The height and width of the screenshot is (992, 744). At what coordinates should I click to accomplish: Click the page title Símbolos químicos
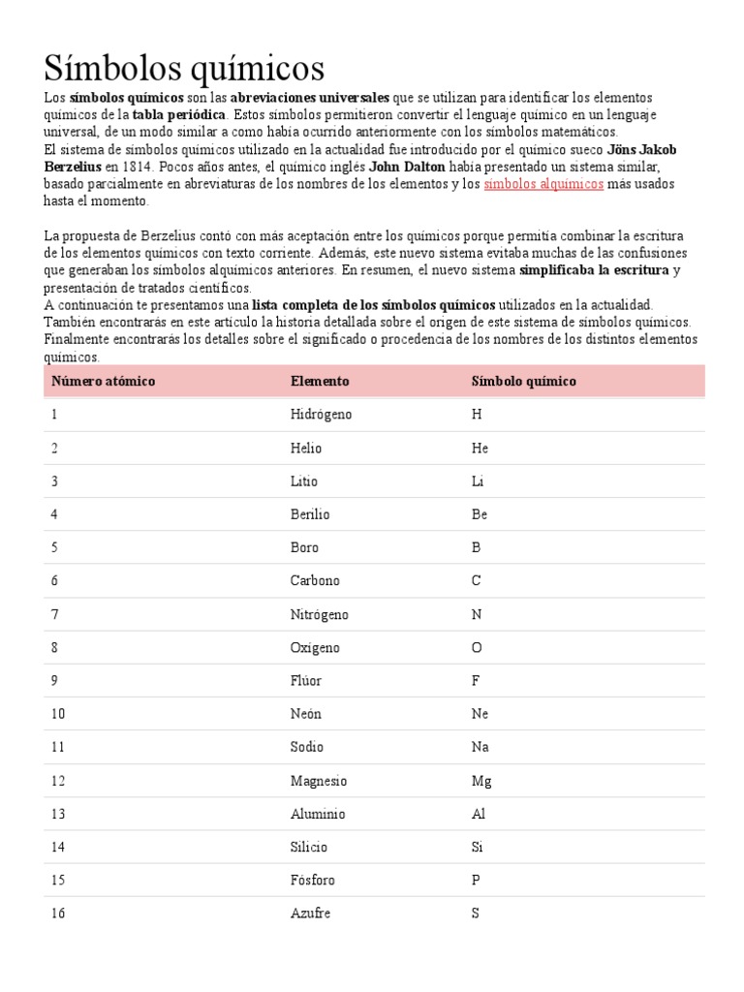[x=184, y=69]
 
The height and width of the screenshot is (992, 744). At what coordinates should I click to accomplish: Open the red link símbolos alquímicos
[x=543, y=184]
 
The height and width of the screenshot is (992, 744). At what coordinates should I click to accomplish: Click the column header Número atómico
[x=104, y=382]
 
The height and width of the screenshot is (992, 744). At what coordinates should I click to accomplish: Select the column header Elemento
[x=320, y=382]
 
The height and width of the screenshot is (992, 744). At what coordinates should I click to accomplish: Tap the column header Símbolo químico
[x=523, y=382]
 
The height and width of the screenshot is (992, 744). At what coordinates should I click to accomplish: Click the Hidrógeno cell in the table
[x=321, y=415]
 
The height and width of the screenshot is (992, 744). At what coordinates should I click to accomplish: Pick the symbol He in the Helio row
[x=480, y=449]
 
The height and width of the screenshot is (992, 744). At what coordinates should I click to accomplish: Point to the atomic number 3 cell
[x=55, y=481]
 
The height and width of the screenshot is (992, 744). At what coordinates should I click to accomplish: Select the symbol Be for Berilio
[x=480, y=514]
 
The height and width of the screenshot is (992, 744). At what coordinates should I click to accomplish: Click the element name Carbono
[x=315, y=581]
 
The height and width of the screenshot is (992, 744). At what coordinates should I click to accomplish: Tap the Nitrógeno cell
[x=319, y=614]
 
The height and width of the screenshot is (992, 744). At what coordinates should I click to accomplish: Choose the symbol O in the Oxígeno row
[x=476, y=647]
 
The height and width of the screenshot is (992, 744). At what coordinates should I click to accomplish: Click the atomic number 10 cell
[x=58, y=714]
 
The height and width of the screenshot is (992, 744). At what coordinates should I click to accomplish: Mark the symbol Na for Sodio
[x=480, y=747]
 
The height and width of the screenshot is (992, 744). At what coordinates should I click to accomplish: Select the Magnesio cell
[x=319, y=781]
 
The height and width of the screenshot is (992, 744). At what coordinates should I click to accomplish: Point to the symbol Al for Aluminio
[x=479, y=814]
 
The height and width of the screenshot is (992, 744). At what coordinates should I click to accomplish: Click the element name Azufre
[x=310, y=914]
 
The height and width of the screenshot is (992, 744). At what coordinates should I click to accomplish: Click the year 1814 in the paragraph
[x=137, y=167]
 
